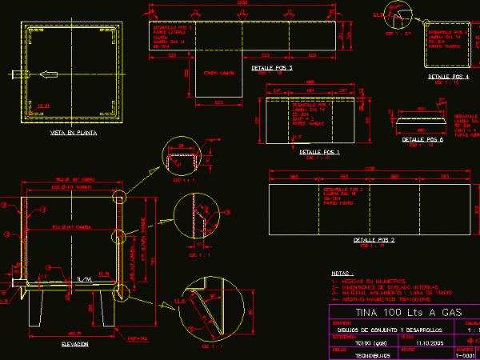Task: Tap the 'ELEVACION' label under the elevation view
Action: tap(74, 343)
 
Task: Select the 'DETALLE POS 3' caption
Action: tap(271, 68)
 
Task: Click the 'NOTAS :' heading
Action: tap(342, 272)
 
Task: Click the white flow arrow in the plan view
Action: tap(49, 74)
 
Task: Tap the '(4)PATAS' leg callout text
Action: tap(138, 338)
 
